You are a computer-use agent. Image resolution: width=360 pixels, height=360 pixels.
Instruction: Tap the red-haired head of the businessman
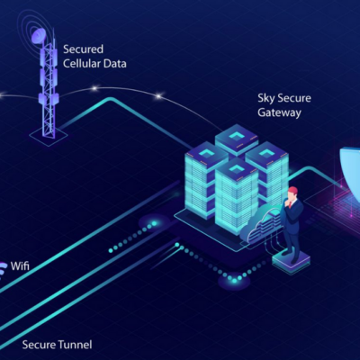(292, 193)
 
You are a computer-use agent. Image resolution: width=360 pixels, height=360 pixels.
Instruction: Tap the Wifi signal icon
(5, 266)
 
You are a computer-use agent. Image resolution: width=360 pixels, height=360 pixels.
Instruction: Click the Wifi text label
(24, 266)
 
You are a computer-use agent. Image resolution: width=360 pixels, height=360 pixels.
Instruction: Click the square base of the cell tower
(48, 132)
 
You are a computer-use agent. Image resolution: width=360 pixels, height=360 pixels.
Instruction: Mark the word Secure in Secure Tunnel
(39, 344)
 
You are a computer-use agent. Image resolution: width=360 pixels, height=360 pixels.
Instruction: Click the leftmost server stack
(202, 176)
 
